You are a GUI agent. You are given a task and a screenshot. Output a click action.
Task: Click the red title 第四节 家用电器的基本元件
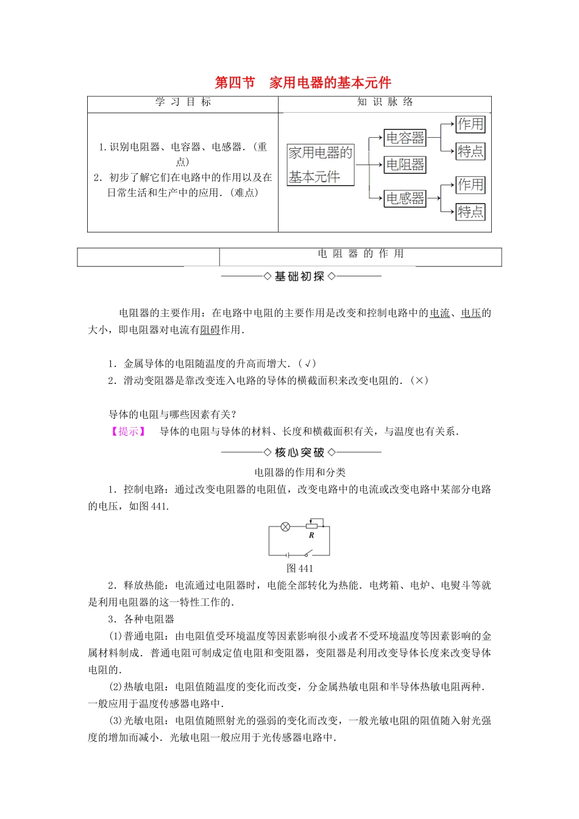[303, 83]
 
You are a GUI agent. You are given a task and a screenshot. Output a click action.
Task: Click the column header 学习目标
[183, 102]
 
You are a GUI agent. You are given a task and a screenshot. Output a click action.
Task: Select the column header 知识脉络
[385, 102]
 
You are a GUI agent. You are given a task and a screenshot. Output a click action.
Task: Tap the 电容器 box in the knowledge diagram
[405, 138]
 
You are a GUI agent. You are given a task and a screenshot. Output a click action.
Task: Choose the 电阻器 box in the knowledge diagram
[405, 165]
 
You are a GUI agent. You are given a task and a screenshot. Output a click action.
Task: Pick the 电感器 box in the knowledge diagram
[405, 198]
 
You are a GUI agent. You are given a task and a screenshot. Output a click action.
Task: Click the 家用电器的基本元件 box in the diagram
[321, 165]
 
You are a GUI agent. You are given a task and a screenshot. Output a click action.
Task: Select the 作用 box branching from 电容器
[471, 124]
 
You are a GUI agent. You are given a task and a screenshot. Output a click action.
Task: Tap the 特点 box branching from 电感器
[471, 211]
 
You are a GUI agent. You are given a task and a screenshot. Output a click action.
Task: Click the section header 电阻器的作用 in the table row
[361, 254]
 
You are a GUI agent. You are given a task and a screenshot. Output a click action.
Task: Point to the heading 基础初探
[299, 277]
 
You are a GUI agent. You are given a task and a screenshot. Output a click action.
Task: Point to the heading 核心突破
[299, 453]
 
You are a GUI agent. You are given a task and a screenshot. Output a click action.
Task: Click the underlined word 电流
[439, 313]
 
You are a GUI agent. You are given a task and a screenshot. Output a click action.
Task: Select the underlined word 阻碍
[210, 330]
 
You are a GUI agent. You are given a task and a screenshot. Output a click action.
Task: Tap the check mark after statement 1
[309, 364]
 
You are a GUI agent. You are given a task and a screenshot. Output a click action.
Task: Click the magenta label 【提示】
[128, 431]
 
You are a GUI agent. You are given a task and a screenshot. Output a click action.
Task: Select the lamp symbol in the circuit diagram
[285, 526]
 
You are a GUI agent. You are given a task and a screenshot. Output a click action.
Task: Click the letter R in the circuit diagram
[311, 536]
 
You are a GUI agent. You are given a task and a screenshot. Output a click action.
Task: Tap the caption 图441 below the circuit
[299, 569]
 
